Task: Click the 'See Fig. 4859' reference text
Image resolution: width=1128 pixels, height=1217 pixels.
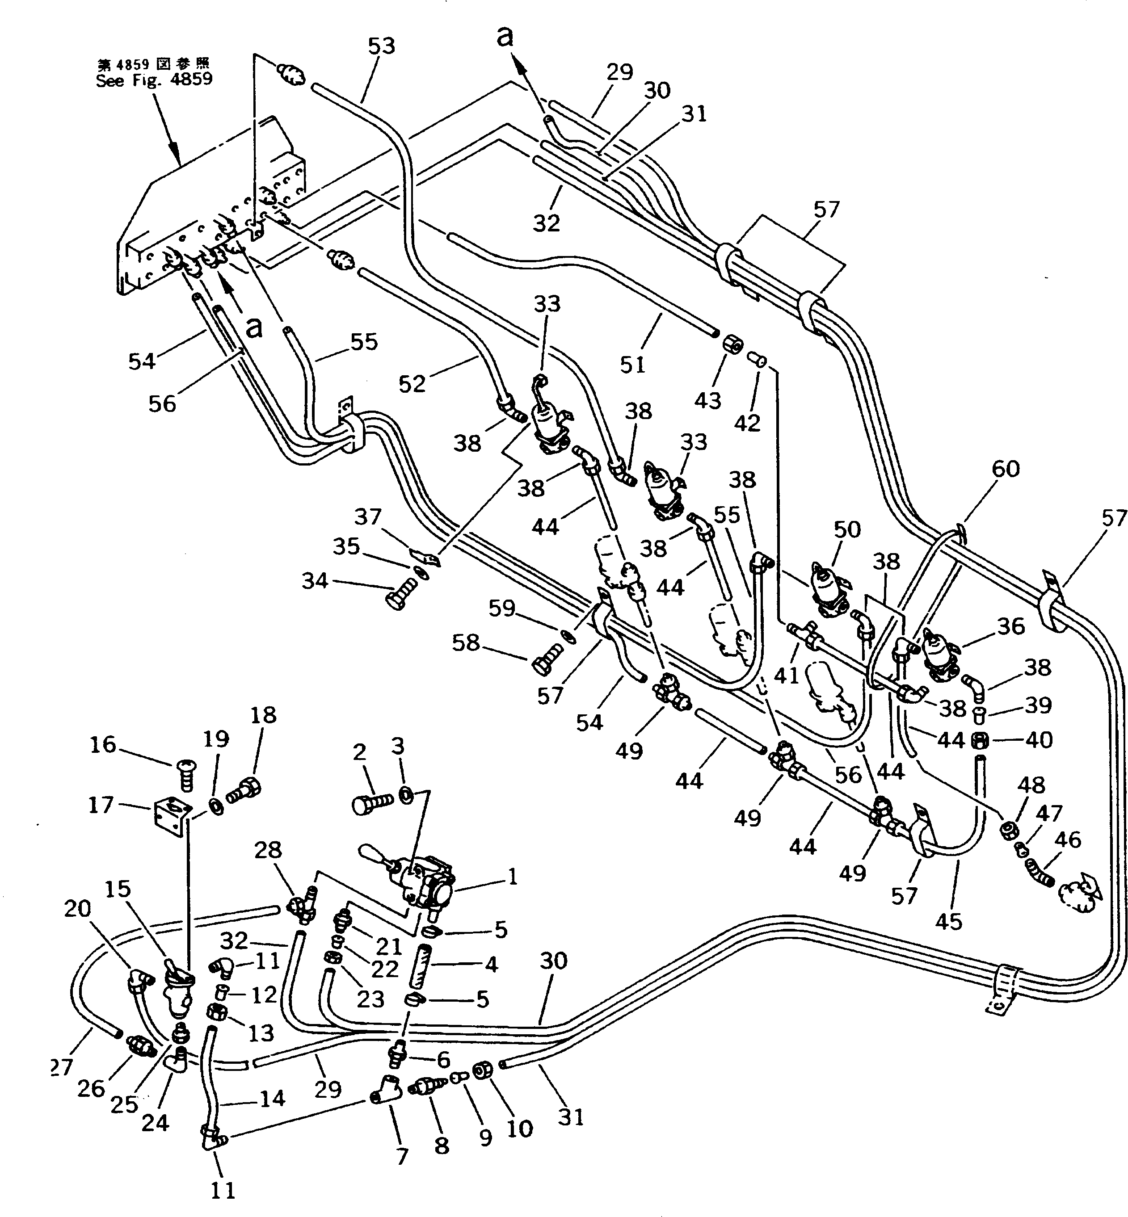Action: [x=154, y=80]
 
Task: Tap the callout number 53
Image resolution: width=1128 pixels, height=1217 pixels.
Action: [x=382, y=46]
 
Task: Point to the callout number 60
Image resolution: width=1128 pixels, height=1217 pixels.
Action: [x=1005, y=469]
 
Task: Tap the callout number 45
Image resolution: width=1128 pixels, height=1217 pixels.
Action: [x=948, y=938]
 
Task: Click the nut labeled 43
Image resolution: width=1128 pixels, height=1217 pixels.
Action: [x=731, y=346]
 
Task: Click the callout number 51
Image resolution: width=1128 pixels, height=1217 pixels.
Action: [x=632, y=365]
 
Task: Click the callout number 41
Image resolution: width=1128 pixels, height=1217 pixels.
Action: [x=786, y=676]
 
